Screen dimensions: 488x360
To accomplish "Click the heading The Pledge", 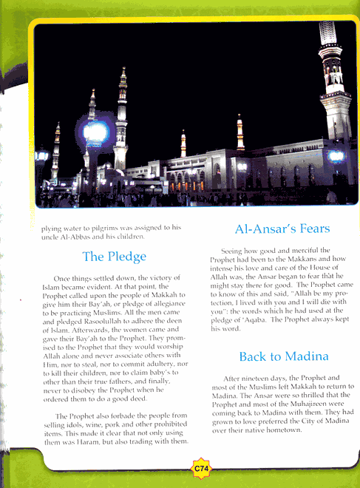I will [x=114, y=257].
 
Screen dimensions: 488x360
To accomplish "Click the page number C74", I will [x=199, y=467].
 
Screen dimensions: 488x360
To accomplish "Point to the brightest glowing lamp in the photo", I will [x=96, y=133].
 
